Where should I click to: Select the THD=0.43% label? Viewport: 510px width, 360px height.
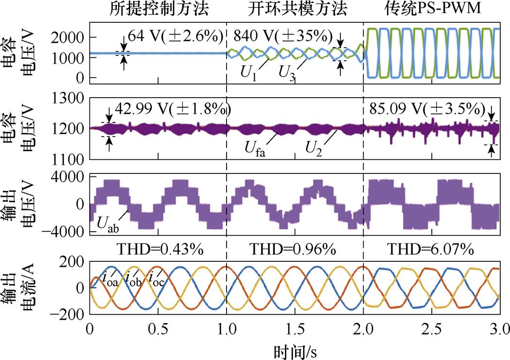pos(158,250)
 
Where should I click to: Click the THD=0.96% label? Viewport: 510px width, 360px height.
pos(294,250)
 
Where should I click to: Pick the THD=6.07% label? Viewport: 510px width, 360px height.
pos(431,250)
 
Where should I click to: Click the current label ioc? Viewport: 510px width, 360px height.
pos(156,279)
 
